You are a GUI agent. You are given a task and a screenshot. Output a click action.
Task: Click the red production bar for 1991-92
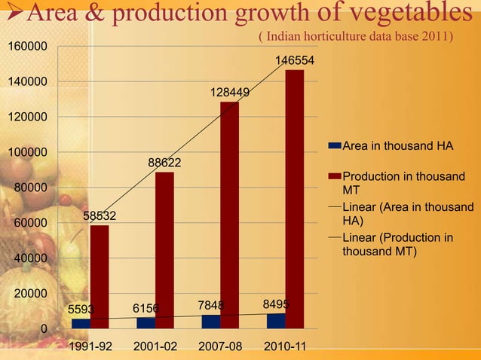pyautogui.click(x=99, y=276)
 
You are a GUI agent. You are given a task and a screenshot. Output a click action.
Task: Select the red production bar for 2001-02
pyautogui.click(x=164, y=250)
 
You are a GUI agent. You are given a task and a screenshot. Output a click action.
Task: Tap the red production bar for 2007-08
pyautogui.click(x=229, y=215)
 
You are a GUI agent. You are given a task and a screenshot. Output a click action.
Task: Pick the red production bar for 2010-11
pyautogui.click(x=295, y=199)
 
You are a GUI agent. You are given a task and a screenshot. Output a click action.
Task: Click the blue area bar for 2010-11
pyautogui.click(x=276, y=321)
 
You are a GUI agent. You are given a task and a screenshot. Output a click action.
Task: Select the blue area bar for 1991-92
pyautogui.click(x=81, y=323)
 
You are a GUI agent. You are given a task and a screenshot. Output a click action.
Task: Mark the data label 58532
pyautogui.click(x=100, y=215)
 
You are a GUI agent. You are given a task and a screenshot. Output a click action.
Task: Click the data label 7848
pyautogui.click(x=210, y=305)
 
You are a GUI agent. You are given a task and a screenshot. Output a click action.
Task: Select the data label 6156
pyautogui.click(x=146, y=308)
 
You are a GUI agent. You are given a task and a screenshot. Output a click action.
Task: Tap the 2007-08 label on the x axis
pyautogui.click(x=220, y=348)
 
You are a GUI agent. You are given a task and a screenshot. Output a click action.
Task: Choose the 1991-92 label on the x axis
pyautogui.click(x=90, y=348)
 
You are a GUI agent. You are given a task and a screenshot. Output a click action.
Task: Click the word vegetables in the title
pyautogui.click(x=412, y=13)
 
